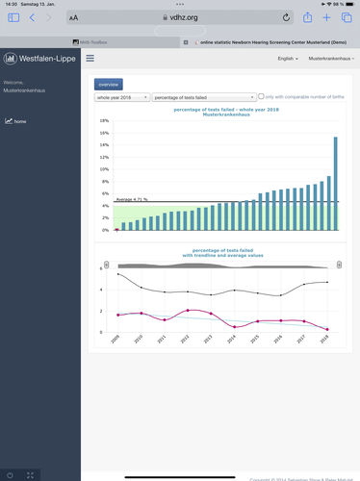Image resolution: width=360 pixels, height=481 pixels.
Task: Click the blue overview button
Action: point(108,85)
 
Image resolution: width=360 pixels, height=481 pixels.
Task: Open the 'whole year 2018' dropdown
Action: point(121,97)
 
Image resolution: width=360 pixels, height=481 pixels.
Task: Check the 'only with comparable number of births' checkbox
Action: point(261,97)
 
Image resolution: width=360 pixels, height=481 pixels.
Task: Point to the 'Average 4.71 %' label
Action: point(132,199)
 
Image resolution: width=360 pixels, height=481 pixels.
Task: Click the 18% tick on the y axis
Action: point(103,120)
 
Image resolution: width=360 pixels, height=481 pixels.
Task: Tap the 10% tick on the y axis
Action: point(103,169)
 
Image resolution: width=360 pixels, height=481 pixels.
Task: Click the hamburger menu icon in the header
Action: point(90,59)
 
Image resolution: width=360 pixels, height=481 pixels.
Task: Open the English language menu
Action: point(287,59)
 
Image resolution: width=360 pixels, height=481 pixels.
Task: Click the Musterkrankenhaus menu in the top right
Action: point(330,59)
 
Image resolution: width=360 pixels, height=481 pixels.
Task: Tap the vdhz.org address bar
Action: point(181,17)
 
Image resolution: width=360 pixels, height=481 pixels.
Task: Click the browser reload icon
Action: point(286,17)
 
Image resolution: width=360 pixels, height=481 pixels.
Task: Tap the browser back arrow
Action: point(32,17)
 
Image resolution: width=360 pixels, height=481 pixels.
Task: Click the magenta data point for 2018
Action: point(327,330)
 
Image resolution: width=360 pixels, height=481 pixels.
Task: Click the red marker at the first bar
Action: point(116,231)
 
